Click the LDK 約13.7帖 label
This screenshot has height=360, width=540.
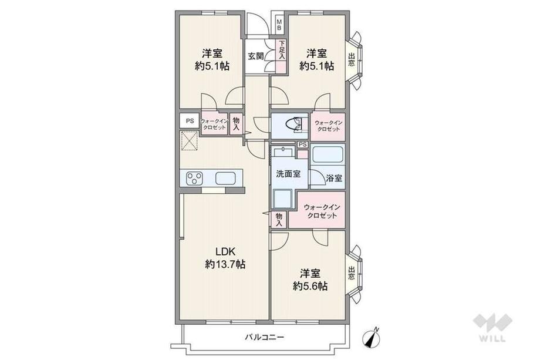[x=225, y=258]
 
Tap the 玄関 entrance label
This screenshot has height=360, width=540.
[x=255, y=56]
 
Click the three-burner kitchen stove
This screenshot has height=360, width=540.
[x=194, y=179]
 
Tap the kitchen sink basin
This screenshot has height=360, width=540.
[x=225, y=179]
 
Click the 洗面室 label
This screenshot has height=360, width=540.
[x=288, y=174]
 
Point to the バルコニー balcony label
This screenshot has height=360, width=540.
[x=265, y=337]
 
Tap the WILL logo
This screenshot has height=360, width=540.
[x=493, y=327]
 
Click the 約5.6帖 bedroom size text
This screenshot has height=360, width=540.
[x=310, y=286]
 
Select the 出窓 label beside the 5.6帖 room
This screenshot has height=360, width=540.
[x=351, y=274]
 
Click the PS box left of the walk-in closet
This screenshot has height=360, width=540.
[x=190, y=121]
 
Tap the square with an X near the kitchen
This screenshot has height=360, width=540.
[x=190, y=141]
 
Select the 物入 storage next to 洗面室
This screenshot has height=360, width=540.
[x=279, y=220]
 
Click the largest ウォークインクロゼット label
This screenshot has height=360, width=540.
[x=322, y=211]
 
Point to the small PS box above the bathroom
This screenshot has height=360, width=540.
[x=303, y=144]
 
